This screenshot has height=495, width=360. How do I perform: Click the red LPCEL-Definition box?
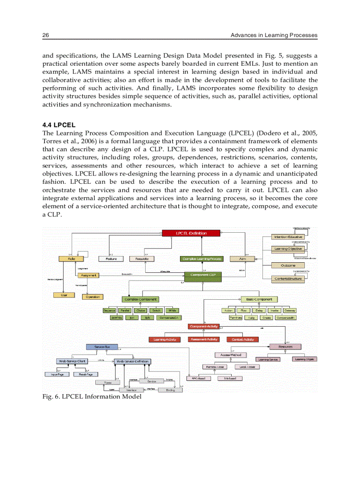tap(191, 233)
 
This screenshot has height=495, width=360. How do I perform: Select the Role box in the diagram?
tap(71, 259)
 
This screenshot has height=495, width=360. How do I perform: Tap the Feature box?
tap(111, 259)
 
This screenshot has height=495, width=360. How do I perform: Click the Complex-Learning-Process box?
tap(202, 259)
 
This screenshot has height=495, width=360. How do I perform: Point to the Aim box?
tap(243, 259)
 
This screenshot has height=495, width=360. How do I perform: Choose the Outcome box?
tap(288, 265)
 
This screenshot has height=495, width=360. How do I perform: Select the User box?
tap(64, 295)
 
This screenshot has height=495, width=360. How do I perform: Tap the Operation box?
tap(93, 297)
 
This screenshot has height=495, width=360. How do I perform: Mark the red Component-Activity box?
tap(203, 326)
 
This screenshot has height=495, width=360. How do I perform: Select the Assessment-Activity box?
tap(203, 339)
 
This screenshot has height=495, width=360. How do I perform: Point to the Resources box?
tap(285, 347)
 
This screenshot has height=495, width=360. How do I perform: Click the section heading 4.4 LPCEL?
tap(59, 125)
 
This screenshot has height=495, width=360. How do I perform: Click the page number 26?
tap(45, 35)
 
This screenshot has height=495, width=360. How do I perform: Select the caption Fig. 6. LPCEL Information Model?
tap(92, 397)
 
